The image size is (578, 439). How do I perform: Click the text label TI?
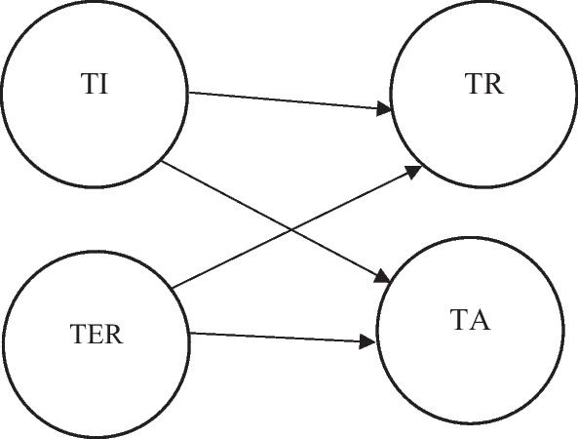pyautogui.click(x=95, y=85)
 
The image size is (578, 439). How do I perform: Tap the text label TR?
pyautogui.click(x=484, y=85)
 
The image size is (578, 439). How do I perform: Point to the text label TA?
pyautogui.click(x=472, y=319)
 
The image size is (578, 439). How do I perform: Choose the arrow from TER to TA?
pyautogui.click(x=283, y=338)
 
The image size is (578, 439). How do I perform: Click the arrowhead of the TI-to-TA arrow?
pyautogui.click(x=385, y=279)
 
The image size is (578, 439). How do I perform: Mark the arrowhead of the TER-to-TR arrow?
pyautogui.click(x=414, y=170)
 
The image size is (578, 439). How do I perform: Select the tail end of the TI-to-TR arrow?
pyautogui.click(x=190, y=94)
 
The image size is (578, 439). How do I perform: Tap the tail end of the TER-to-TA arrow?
pyautogui.click(x=191, y=334)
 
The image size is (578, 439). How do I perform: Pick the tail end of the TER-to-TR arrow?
pyautogui.click(x=173, y=287)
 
